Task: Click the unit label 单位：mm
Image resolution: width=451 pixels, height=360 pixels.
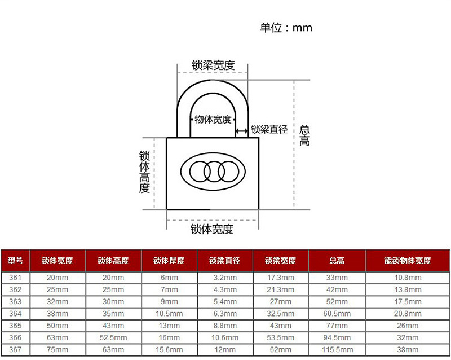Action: [x=286, y=28]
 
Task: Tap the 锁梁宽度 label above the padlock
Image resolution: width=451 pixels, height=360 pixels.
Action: [x=213, y=65]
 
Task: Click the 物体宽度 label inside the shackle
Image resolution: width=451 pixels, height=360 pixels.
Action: [x=213, y=119]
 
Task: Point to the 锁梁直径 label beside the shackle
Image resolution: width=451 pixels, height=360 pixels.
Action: [x=269, y=129]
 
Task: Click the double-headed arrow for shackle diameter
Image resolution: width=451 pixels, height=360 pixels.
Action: [x=242, y=131]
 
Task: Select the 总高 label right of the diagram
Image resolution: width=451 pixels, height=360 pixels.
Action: [x=304, y=135]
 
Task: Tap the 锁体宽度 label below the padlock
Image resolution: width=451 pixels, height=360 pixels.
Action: [x=212, y=229]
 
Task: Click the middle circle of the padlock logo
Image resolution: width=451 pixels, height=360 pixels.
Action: [x=214, y=172]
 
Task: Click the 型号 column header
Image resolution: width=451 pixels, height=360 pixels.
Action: [x=15, y=261]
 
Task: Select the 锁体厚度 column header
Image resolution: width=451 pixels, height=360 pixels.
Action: [x=169, y=261]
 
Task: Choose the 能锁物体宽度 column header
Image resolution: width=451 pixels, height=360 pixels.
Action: [x=408, y=261]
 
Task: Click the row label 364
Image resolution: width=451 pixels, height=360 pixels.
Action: [x=15, y=314]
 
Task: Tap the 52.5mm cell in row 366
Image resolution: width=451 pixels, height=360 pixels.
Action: [x=113, y=337]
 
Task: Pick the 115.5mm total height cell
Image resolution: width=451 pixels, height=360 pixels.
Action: [x=337, y=350]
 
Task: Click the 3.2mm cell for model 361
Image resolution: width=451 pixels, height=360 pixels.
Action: [x=225, y=278]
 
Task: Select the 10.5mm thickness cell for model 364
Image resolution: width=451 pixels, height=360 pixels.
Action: [x=169, y=314]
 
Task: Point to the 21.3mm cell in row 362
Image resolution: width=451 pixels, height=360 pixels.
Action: [x=280, y=289]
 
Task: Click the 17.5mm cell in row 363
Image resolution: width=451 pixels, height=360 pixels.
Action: [x=408, y=301]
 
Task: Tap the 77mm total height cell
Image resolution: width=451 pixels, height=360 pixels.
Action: [x=337, y=326]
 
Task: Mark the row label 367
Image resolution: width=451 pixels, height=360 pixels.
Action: [x=15, y=350]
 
